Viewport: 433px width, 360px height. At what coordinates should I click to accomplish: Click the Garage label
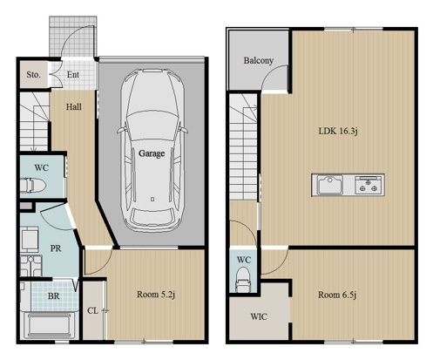(152, 153)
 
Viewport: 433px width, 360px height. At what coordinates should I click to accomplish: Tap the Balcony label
(259, 60)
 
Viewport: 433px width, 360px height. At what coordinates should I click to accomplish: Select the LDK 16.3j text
(338, 131)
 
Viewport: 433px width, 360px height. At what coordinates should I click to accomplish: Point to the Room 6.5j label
(337, 295)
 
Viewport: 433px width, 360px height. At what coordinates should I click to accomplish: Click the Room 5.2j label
(156, 295)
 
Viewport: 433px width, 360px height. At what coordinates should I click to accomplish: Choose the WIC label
(259, 316)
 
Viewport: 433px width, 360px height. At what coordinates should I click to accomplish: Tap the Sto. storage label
(33, 75)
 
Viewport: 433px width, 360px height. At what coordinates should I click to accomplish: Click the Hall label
(74, 107)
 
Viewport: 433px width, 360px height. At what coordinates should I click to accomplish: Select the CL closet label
(92, 310)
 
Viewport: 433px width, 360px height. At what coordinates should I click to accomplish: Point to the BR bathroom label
(54, 296)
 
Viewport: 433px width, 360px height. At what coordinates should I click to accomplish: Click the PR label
(56, 248)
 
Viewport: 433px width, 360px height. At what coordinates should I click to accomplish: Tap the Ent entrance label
(73, 75)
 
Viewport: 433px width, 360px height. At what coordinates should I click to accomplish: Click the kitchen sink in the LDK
(329, 185)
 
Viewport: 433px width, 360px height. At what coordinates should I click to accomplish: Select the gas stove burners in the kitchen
(369, 185)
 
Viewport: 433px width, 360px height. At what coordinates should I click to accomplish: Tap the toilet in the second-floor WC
(243, 280)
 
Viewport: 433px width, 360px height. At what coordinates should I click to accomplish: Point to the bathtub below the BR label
(50, 326)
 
